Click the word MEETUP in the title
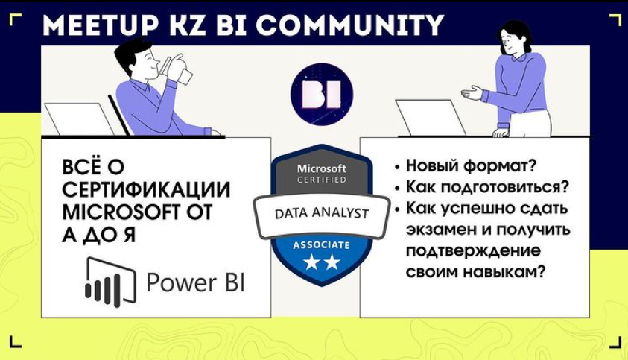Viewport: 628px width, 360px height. click(100, 25)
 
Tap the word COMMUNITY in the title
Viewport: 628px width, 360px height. click(349, 25)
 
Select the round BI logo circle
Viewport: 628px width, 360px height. click(322, 94)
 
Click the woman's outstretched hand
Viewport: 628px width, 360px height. click(473, 93)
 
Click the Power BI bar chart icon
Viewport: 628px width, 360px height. click(110, 282)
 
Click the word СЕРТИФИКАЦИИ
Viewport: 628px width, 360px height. click(146, 189)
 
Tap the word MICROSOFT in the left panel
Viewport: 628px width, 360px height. click(118, 212)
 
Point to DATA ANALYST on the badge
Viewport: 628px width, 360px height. click(322, 213)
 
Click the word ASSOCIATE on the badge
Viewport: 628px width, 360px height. click(321, 245)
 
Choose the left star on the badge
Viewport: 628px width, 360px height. click(311, 262)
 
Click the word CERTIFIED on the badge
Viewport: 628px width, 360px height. click(322, 180)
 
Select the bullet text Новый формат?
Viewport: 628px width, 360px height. click(471, 165)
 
